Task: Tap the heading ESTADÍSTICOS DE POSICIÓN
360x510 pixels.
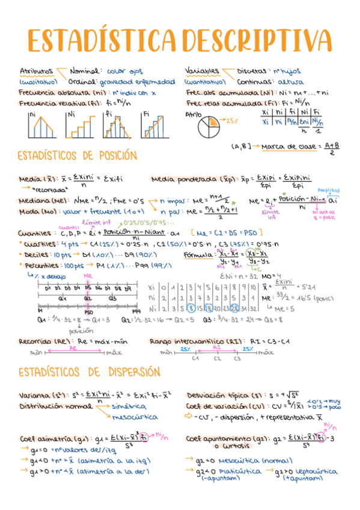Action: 77,156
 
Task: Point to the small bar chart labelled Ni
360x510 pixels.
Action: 81,124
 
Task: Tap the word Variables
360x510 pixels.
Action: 203,71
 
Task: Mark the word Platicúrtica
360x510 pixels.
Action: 222,472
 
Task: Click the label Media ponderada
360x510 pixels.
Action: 180,179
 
